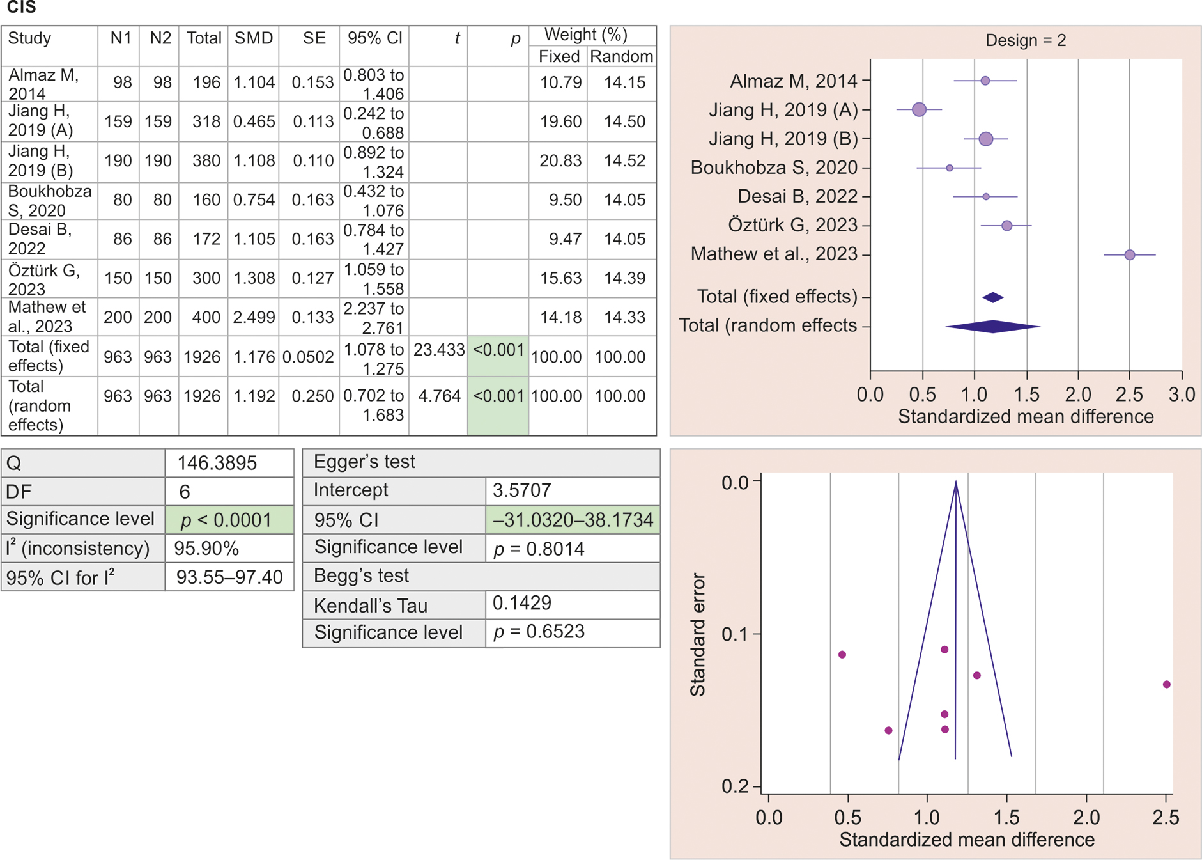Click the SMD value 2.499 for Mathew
(254, 318)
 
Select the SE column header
(314, 38)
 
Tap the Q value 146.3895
(217, 463)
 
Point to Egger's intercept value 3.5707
(521, 490)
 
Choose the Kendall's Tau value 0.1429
(521, 603)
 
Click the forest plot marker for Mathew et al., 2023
(1129, 255)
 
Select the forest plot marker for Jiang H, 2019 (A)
(919, 110)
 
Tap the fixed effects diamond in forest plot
(993, 297)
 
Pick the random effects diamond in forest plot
(993, 327)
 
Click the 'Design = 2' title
(1025, 41)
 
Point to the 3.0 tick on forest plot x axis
(1181, 394)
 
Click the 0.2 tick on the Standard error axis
(735, 786)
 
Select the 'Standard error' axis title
(698, 634)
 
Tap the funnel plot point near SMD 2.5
(1166, 685)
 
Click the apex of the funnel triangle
(956, 482)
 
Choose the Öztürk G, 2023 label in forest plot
(792, 226)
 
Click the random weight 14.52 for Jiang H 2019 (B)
(624, 161)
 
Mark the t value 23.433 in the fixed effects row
(439, 350)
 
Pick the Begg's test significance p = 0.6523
(539, 632)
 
